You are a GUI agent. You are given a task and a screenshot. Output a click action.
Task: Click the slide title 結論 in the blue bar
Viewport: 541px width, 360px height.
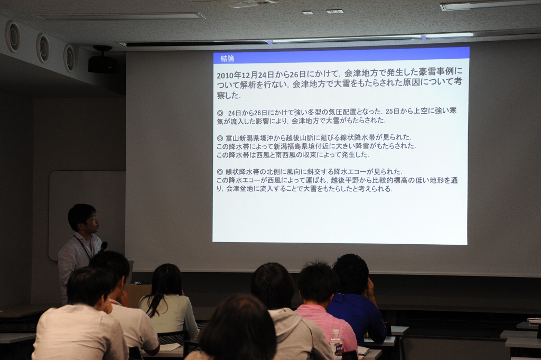[227, 59]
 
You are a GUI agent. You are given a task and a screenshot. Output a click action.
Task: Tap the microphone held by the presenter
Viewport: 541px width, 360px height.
[104, 246]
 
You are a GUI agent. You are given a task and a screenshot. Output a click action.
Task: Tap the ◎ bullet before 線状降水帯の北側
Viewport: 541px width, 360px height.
[220, 172]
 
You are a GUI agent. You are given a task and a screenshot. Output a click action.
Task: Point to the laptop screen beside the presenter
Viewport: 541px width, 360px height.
[131, 272]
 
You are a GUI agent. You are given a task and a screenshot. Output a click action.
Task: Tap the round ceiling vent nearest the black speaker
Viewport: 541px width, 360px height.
[69, 58]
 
